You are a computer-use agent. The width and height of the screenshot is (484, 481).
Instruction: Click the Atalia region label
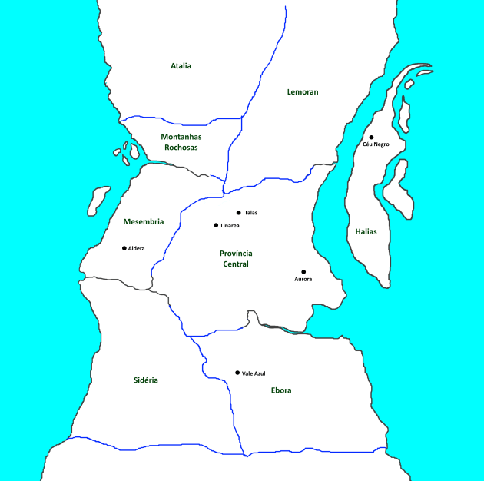[181, 66]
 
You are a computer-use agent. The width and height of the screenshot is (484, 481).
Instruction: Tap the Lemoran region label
[302, 92]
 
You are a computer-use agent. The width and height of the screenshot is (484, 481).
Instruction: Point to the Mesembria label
[143, 222]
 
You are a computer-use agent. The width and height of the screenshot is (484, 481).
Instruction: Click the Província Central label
[236, 259]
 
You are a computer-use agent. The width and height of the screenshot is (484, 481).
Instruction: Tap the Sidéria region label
[145, 380]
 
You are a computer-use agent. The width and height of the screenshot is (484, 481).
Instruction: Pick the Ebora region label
[281, 390]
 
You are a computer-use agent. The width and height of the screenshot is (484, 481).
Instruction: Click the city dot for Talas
[239, 213]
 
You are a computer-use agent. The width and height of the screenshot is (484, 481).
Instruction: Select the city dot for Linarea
[216, 225]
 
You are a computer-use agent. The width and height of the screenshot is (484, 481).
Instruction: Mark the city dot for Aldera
[124, 248]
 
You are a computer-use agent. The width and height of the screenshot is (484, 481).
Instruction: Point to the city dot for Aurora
[303, 272]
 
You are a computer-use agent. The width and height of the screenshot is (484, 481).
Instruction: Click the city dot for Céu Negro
[371, 138]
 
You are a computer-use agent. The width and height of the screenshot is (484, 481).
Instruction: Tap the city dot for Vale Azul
[237, 373]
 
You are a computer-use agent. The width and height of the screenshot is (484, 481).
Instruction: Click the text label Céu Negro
[376, 145]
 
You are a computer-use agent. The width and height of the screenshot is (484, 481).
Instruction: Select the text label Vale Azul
[254, 373]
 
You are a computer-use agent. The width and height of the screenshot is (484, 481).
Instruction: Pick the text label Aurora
[303, 280]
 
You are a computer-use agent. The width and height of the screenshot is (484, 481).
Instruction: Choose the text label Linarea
[230, 226]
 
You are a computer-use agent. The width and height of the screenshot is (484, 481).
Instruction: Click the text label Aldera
[137, 249]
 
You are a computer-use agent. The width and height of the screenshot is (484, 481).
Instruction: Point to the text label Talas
[250, 213]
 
